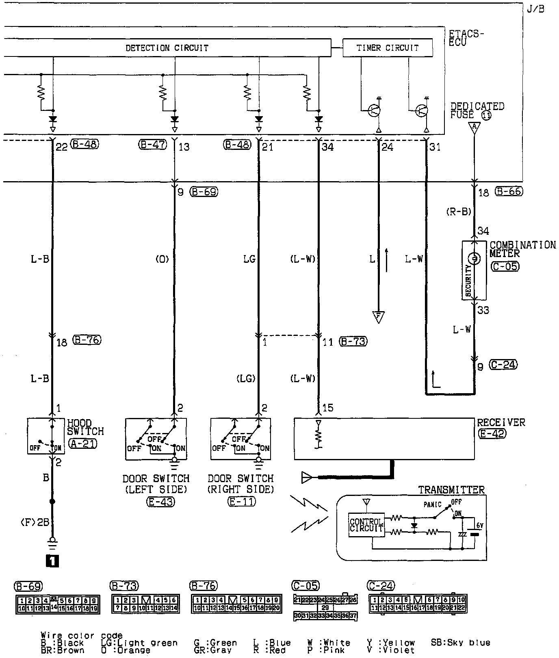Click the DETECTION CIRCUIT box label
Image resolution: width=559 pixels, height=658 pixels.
(167, 48)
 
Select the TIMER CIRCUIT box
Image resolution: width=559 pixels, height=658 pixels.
(387, 48)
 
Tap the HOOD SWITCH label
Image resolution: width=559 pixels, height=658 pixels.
(85, 427)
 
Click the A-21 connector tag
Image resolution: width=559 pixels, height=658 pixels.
(82, 444)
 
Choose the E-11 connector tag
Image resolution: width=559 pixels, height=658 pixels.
(242, 502)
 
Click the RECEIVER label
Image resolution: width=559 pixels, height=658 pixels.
(500, 423)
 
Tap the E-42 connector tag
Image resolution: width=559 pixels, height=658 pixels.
(492, 433)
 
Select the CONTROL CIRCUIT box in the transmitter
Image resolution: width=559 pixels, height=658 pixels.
(366, 525)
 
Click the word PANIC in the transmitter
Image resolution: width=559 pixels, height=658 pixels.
(432, 505)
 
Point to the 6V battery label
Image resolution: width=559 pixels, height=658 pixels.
(479, 526)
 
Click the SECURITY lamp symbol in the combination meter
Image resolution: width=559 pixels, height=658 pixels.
(474, 258)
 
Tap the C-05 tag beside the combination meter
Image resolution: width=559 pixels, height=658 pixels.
(505, 266)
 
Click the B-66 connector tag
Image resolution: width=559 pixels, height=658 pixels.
(509, 191)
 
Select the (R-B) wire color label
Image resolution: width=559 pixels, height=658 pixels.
(458, 211)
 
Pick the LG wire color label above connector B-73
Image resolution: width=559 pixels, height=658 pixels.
(249, 259)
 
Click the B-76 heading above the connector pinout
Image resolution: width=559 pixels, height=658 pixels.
(204, 586)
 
